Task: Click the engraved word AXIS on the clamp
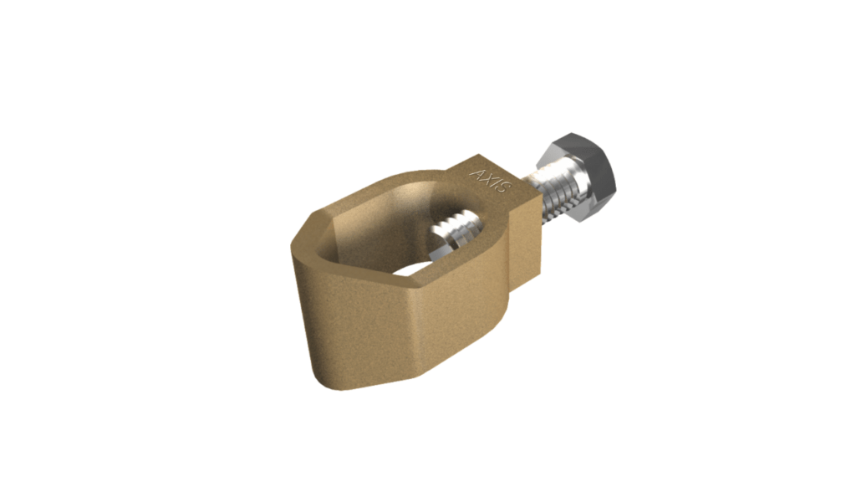click(x=490, y=182)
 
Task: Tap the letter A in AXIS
click(x=478, y=175)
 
